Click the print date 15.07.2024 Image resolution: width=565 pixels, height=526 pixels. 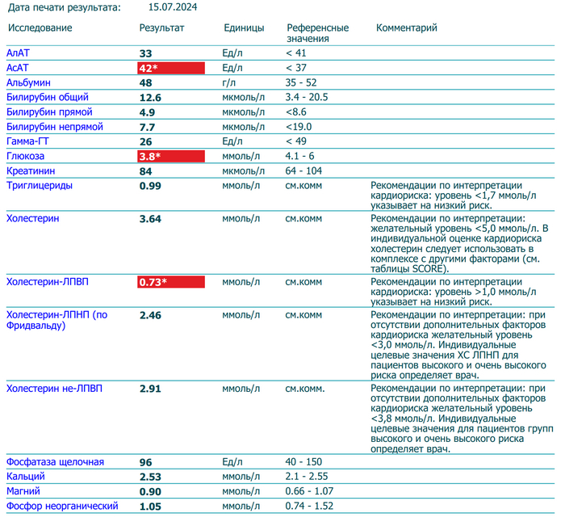173,7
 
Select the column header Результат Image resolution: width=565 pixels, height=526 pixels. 161,27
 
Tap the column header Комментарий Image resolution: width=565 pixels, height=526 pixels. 407,27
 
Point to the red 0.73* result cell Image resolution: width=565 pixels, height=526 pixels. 171,282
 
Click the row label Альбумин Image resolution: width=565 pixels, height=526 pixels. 28,82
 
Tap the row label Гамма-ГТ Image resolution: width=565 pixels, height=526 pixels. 29,141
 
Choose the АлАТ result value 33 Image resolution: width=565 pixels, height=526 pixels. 146,53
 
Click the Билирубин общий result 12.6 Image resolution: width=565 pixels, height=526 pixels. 151,97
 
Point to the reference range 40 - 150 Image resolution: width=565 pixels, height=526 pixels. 303,462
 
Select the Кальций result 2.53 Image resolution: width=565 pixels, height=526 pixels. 151,477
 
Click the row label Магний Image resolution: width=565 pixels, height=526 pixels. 23,491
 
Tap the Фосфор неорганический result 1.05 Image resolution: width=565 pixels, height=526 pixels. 151,507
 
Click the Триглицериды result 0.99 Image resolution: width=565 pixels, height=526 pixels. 151,186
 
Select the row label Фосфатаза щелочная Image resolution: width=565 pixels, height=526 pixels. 55,462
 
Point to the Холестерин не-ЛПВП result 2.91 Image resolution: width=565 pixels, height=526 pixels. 151,389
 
